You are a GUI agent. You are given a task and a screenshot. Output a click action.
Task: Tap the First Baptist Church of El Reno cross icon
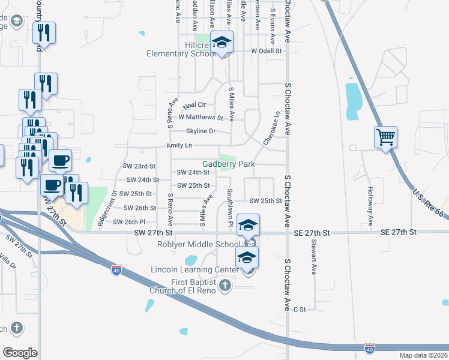coord(224,285)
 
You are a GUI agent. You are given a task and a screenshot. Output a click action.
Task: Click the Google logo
coord(20,352)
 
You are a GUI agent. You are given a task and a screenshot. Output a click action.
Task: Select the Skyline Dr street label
coord(200,131)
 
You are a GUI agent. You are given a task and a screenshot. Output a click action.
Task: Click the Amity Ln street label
coord(179,146)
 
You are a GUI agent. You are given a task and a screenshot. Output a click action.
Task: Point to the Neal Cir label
coord(194,105)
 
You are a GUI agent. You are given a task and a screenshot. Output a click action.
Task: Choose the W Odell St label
coord(267,51)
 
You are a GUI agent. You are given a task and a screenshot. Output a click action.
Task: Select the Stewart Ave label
coord(313,257)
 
